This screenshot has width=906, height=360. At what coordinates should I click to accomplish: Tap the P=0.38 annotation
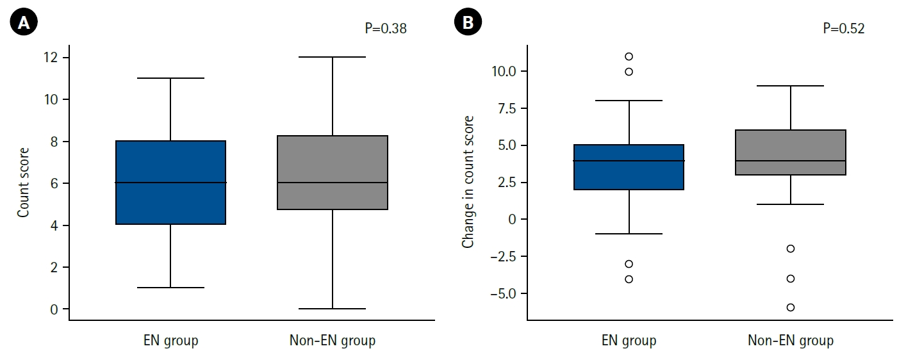(x=384, y=28)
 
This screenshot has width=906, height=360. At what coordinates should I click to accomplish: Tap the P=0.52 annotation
(x=844, y=28)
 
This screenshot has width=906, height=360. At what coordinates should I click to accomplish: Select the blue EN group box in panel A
(x=170, y=183)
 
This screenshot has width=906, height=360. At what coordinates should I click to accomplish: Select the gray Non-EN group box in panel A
(x=333, y=173)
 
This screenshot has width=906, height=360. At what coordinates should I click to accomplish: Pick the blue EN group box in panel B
(x=629, y=167)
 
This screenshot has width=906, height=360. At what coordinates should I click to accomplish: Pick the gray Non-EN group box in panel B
(x=791, y=152)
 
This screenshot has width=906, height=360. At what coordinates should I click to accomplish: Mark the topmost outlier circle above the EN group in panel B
(x=629, y=56)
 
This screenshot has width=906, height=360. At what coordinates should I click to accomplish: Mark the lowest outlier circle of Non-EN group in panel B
(x=791, y=307)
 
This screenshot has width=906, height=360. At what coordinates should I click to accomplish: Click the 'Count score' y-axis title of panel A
(x=24, y=183)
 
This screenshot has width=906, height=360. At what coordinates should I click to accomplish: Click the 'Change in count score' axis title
(x=468, y=182)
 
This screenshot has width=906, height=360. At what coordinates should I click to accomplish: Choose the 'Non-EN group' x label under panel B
(x=791, y=340)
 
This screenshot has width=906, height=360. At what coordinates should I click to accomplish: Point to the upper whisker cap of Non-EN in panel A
(x=333, y=57)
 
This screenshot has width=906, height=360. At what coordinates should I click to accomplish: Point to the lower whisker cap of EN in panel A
(x=170, y=288)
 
